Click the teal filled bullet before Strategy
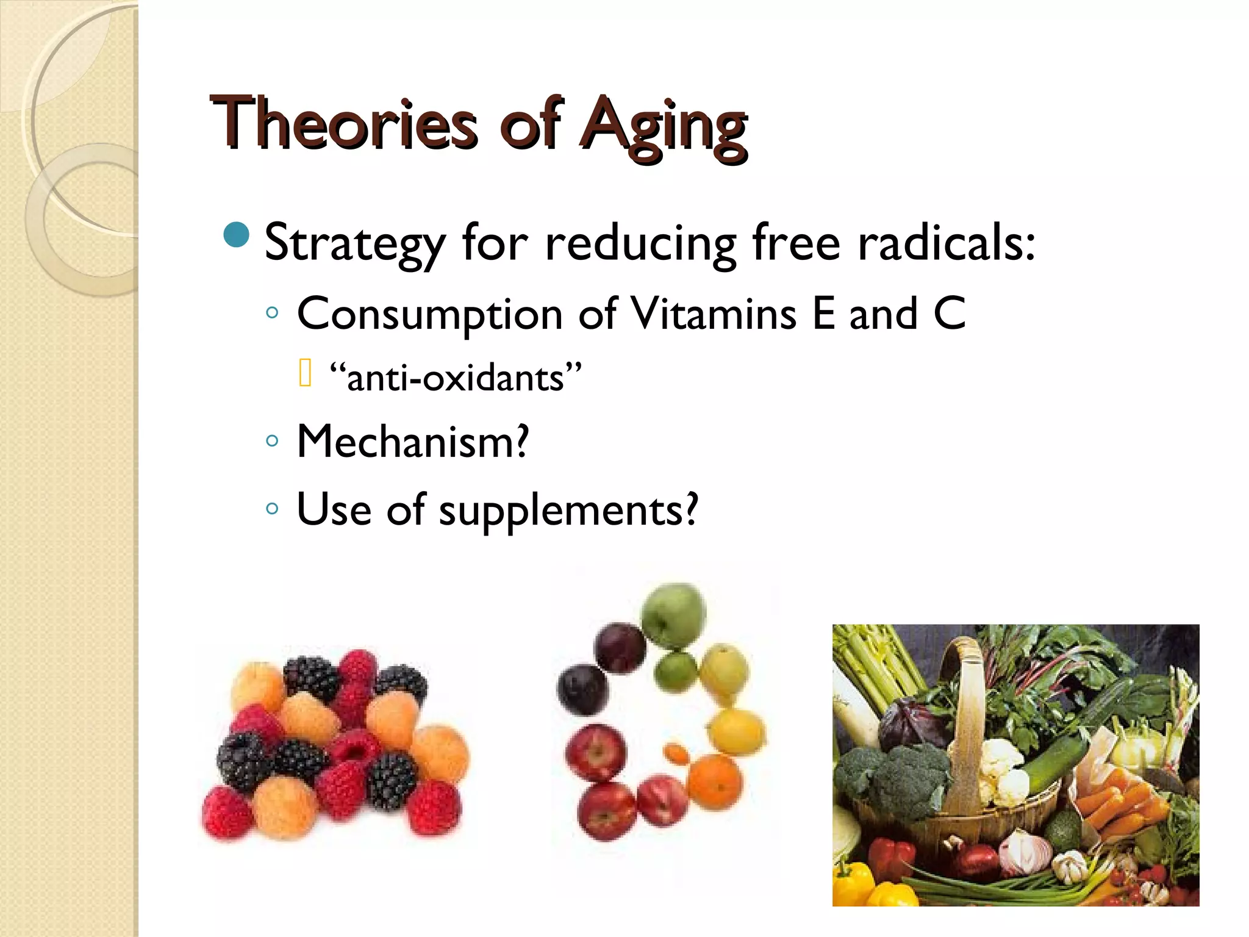tap(237, 235)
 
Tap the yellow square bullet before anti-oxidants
tap(306, 373)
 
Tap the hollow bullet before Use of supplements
tap(273, 508)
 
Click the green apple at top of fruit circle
tap(673, 615)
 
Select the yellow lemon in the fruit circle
tap(737, 732)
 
